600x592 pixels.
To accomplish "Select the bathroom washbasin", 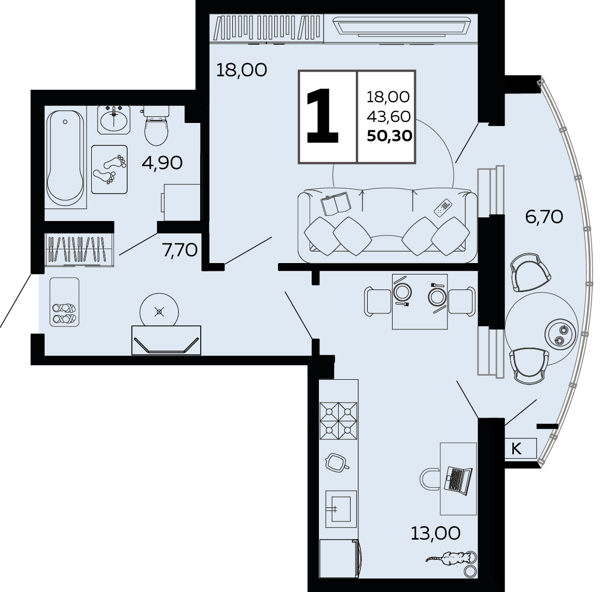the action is click(x=114, y=120).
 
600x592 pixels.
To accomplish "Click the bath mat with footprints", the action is click(x=109, y=169).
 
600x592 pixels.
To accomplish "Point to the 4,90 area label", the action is click(x=162, y=163).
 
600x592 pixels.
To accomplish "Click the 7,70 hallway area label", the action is click(x=180, y=251).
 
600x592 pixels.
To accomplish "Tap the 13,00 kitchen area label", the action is click(x=436, y=533).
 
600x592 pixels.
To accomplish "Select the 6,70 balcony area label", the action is click(x=544, y=217).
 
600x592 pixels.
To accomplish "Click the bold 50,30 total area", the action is click(x=389, y=135).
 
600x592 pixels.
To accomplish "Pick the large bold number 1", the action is click(x=323, y=116).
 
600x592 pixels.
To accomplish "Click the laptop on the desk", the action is click(x=458, y=479).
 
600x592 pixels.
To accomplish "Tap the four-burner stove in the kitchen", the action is click(x=338, y=420).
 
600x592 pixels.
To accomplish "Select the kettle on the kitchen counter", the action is click(x=336, y=462).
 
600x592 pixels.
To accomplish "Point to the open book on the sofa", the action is click(x=336, y=203).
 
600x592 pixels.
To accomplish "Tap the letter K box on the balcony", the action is click(x=520, y=448).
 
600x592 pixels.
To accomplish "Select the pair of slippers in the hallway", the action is click(x=64, y=313).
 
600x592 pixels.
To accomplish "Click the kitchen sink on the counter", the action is click(x=341, y=509).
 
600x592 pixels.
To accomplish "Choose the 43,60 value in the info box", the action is click(x=388, y=116).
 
